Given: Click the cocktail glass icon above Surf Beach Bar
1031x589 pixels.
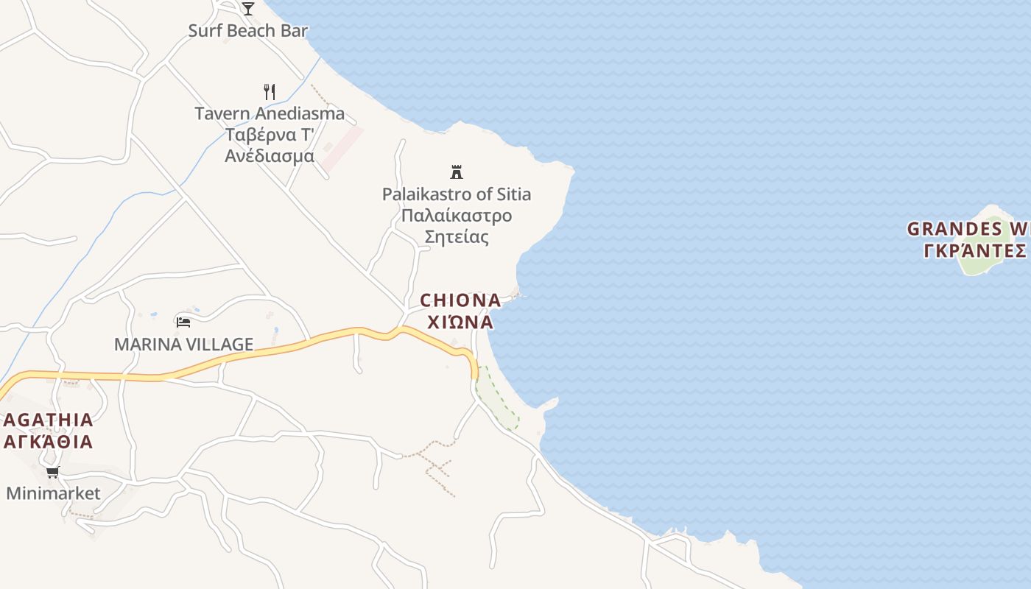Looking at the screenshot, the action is point(248,8).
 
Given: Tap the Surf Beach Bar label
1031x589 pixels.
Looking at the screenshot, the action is point(247,31).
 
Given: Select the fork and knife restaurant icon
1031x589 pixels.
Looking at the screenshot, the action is point(270,92).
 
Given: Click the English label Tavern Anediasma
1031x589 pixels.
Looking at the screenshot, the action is point(270,113).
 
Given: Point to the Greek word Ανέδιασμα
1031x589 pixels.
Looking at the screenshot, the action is point(270,156).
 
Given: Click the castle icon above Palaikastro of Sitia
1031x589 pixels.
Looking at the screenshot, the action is point(457,172).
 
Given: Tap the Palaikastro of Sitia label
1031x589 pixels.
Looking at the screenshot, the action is point(457,194).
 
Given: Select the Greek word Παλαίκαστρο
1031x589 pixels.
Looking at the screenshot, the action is point(457,216).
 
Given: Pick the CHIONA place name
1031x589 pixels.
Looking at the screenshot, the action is point(460,300).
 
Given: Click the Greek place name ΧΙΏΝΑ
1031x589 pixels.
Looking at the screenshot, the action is point(460,322).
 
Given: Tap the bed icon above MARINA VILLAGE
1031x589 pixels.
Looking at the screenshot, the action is point(183,322).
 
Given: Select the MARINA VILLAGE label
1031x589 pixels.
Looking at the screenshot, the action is point(183,344).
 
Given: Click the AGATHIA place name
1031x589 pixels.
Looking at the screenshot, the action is point(49,420).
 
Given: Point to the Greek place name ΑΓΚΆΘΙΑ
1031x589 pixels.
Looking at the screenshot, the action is point(49,442).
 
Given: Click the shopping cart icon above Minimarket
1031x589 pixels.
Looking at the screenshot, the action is point(52,472).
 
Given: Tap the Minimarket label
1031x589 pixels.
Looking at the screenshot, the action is point(53,493).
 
